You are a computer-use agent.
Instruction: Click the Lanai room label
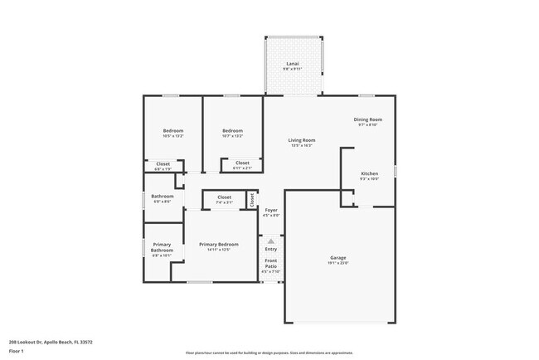[292, 63]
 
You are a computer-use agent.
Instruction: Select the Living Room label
[301, 140]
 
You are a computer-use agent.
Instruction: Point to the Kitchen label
[369, 173]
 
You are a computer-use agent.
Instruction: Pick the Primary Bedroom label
[219, 245]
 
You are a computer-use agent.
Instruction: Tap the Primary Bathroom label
[162, 247]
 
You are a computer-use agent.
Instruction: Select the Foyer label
[271, 211]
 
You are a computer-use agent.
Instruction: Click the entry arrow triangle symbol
[271, 241]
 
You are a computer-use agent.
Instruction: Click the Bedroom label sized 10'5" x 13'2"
[173, 131]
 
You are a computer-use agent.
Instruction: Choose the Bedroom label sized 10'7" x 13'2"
[232, 131]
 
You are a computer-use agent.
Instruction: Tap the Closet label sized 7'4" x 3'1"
[224, 197]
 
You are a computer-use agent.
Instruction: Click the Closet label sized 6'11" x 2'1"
[242, 163]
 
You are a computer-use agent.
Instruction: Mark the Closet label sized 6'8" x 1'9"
[163, 164]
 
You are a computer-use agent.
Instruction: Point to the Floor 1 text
[17, 351]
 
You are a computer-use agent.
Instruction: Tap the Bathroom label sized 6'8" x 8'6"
[162, 197]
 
